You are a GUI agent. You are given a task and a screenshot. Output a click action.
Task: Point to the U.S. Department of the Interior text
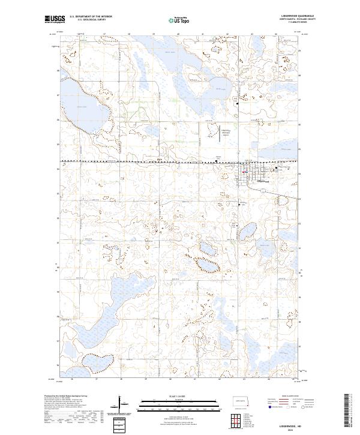pos(91,17)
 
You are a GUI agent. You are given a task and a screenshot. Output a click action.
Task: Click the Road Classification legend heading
pos(281,396)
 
